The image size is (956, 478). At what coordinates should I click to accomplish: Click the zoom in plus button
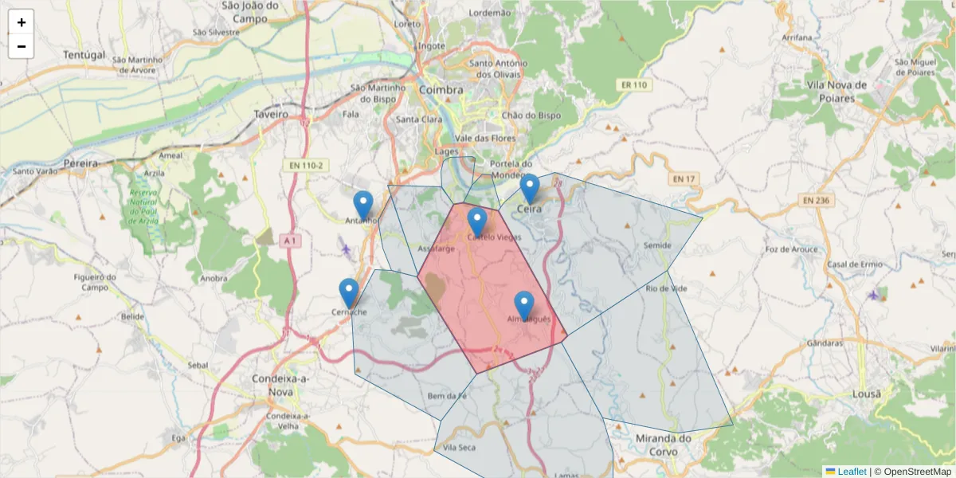click(22, 22)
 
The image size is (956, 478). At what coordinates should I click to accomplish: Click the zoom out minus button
click(22, 46)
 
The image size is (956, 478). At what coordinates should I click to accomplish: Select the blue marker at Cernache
click(348, 292)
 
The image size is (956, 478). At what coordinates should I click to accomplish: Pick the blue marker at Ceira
click(530, 188)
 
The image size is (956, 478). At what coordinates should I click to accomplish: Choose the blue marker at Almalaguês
click(523, 305)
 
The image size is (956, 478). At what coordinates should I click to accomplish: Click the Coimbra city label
click(441, 90)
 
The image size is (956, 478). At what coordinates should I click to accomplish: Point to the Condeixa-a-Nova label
click(272, 386)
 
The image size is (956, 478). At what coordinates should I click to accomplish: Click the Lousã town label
click(866, 394)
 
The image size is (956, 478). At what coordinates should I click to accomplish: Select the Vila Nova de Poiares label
click(836, 92)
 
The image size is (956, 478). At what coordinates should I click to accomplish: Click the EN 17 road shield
click(684, 178)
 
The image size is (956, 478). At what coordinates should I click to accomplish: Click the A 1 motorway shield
click(291, 240)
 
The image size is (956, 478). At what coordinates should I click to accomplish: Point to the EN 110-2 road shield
click(305, 165)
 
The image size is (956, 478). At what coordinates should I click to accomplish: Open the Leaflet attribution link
click(851, 472)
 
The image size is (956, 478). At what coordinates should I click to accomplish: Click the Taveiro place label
click(271, 114)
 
